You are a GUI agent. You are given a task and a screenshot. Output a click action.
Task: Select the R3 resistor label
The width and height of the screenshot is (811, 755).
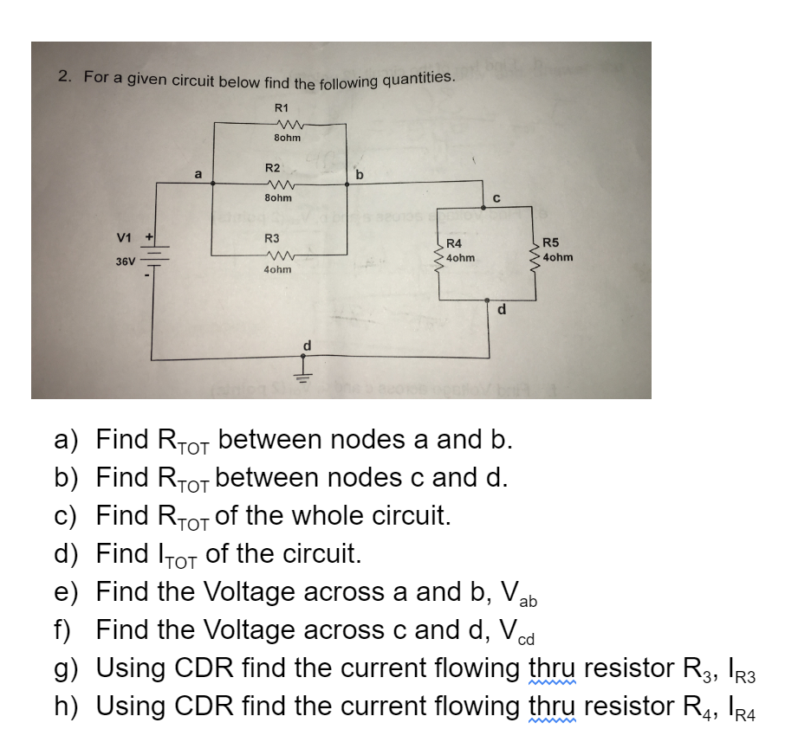click(272, 237)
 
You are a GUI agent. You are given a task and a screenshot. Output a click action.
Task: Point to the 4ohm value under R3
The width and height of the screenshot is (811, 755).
click(277, 270)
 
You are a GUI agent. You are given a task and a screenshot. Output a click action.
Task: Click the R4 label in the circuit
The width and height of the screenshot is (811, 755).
click(453, 245)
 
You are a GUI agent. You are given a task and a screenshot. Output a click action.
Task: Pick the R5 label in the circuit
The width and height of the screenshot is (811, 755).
click(552, 244)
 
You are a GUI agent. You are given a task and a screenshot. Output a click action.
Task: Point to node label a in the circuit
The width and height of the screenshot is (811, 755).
click(198, 173)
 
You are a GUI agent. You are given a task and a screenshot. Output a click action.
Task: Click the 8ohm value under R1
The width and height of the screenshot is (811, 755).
click(287, 137)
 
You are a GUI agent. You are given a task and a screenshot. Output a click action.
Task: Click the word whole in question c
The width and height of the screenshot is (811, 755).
click(341, 516)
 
